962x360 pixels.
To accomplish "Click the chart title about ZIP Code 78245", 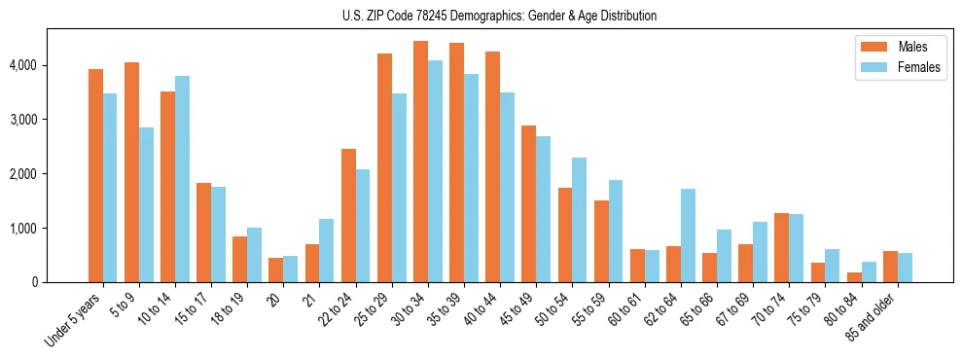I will pyautogui.click(x=499, y=16).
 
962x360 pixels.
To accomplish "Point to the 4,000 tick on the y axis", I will pyautogui.click(x=23, y=65).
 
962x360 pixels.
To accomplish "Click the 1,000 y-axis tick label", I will pyautogui.click(x=23, y=229).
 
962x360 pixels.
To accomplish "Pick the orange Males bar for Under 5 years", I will pyautogui.click(x=95, y=175).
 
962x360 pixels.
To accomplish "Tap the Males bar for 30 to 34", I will pyautogui.click(x=420, y=162).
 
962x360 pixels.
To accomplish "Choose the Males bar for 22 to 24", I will pyautogui.click(x=348, y=215).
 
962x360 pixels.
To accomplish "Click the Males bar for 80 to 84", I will pyautogui.click(x=854, y=277).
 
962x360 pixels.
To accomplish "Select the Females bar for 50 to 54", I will pyautogui.click(x=579, y=220).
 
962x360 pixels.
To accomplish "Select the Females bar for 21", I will pyautogui.click(x=327, y=250).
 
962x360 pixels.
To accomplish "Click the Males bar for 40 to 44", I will pyautogui.click(x=492, y=166).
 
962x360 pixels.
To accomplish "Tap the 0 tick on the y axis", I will pyautogui.click(x=33, y=282).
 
